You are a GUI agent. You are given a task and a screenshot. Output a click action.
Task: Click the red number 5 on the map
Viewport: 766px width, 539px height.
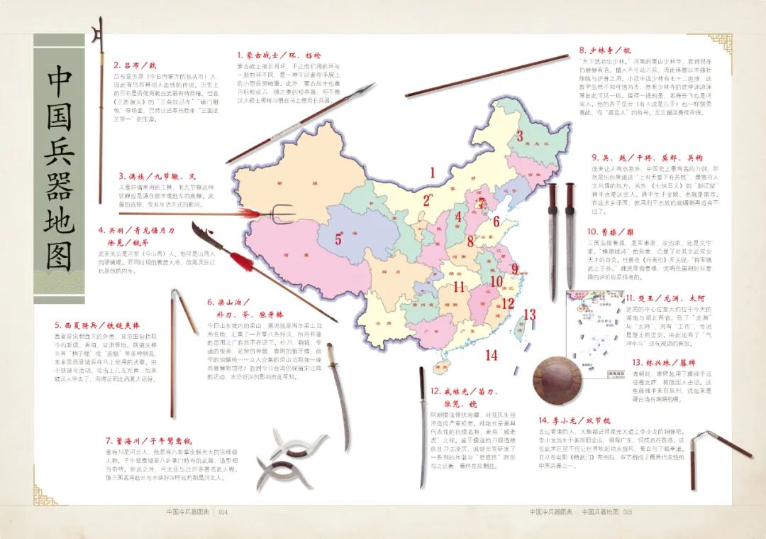338,239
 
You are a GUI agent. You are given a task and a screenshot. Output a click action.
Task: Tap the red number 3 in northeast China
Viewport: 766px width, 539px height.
519,137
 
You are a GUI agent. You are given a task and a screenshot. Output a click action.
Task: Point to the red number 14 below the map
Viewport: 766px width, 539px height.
492,355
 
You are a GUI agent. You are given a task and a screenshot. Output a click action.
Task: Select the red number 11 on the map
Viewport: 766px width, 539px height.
460,287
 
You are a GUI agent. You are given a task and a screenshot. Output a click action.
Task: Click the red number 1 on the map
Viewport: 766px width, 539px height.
432,172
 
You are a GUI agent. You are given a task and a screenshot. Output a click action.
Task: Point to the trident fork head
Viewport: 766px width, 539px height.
282,212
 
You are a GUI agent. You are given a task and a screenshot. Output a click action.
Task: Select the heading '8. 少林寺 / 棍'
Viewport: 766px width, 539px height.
604,50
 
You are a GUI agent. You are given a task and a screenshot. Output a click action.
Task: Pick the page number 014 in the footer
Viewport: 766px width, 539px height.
222,511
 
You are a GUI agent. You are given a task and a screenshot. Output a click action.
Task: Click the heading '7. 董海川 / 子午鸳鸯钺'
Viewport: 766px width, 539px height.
148,440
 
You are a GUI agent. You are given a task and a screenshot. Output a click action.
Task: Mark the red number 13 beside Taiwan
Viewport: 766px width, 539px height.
529,314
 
